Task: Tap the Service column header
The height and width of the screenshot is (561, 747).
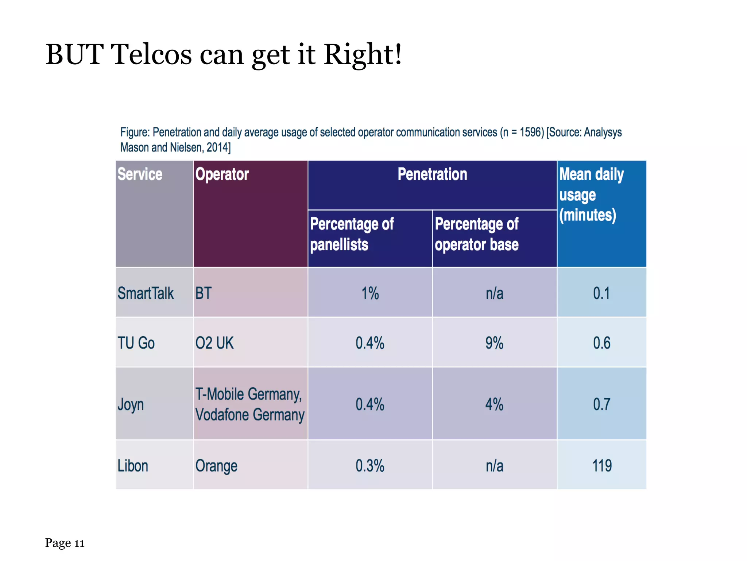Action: pos(140,174)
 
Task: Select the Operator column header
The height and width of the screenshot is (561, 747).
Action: pos(222,174)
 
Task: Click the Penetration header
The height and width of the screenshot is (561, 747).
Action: pos(432,174)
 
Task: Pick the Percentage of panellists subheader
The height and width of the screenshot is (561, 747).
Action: pos(352,234)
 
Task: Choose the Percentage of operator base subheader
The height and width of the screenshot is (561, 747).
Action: pos(476,234)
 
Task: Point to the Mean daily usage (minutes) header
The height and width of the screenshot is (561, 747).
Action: pos(591,195)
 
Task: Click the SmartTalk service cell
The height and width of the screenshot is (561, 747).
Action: pos(146,293)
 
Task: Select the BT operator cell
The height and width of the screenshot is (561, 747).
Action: pos(203,293)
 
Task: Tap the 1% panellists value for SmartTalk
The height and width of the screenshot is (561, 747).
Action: pos(370,293)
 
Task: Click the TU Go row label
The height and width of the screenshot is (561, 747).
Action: pos(136,343)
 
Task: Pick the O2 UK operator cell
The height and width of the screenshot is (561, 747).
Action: pos(214,343)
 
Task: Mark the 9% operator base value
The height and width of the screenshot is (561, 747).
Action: pos(494,343)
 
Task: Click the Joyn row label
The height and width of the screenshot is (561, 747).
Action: pos(131,405)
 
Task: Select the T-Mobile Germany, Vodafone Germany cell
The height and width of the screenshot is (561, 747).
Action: pos(250,404)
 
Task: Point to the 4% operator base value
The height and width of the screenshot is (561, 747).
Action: pos(494,404)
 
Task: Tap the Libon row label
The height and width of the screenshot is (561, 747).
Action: pos(133,466)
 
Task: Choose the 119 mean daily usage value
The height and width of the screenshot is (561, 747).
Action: pos(602,466)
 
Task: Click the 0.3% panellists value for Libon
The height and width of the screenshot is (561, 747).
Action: pos(370,466)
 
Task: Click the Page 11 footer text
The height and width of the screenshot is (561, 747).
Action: pos(65,543)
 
